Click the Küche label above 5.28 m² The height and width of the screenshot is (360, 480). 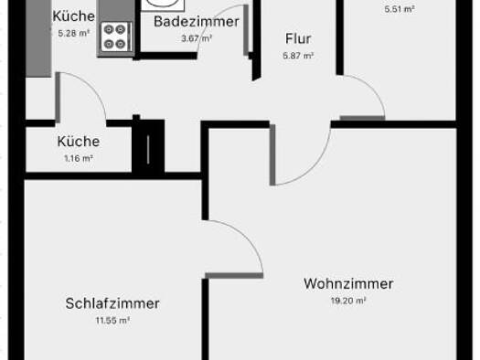pos(73,16)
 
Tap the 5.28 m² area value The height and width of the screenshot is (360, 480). pos(72,33)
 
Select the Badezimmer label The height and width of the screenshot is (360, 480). pos(197,22)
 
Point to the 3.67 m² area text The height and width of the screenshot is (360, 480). pos(197,38)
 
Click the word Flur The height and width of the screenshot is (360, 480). pos(298,39)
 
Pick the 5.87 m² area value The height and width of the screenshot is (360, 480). pos(298,56)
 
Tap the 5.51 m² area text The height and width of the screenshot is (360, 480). pos(399,9)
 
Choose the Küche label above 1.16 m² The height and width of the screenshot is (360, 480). pos(78,142)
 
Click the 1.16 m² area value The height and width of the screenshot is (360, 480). pos(78,158)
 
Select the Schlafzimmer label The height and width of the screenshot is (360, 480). pos(112,303)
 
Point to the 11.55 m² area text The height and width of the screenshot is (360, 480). pos(112,321)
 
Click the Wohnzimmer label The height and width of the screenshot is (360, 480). pos(348,283)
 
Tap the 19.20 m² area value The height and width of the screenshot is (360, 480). pos(348,300)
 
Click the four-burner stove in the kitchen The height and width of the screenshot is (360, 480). pos(116,36)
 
